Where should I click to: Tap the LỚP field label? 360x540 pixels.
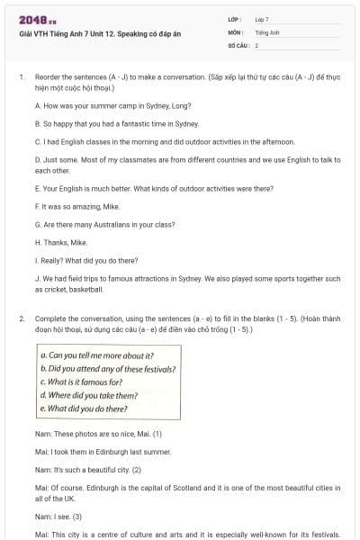pyautogui.click(x=234, y=19)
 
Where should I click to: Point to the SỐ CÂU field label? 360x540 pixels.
pyautogui.click(x=237, y=44)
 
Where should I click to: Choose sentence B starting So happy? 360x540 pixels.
pyautogui.click(x=116, y=123)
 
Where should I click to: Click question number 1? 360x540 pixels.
pyautogui.click(x=21, y=78)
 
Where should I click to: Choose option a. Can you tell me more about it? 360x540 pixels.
pyautogui.click(x=97, y=355)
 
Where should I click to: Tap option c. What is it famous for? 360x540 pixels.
pyautogui.click(x=82, y=382)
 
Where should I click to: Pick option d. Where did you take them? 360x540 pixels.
pyautogui.click(x=89, y=395)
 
